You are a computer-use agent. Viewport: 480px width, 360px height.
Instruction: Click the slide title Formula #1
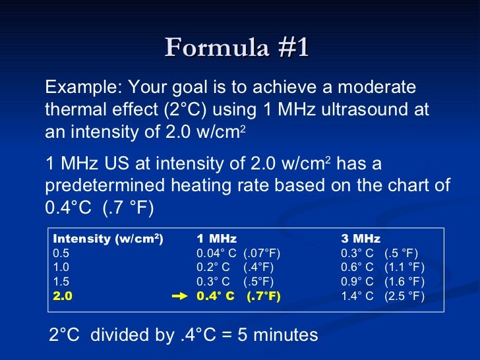(237, 48)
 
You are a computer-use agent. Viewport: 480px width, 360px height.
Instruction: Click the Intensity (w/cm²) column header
(108, 239)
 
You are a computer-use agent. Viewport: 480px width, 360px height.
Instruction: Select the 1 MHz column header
(216, 239)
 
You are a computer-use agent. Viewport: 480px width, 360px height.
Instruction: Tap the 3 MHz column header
(361, 239)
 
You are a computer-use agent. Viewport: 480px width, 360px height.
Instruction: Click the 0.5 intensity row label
(61, 253)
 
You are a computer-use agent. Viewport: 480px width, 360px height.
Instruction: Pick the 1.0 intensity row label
(61, 268)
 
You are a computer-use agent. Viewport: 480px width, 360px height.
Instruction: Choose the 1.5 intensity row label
(61, 282)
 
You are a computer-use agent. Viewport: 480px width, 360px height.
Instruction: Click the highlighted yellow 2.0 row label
(62, 297)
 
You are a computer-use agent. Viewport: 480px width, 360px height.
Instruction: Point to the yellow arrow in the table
(180, 297)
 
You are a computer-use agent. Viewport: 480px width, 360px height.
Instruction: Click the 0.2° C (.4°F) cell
(235, 268)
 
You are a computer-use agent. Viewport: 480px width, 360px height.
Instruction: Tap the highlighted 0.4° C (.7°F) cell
(239, 297)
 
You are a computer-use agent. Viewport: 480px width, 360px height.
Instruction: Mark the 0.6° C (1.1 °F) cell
(382, 268)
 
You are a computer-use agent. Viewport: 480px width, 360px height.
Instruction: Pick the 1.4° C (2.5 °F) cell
(382, 297)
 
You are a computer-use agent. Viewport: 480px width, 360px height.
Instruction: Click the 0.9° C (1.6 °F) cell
(382, 282)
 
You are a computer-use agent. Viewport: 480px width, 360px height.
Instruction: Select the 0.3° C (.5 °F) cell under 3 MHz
(379, 253)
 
